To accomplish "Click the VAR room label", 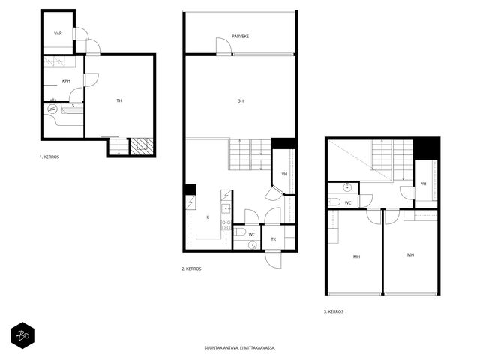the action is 58,33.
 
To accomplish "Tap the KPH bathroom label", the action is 66,81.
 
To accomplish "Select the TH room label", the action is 119,100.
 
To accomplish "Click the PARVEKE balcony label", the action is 240,37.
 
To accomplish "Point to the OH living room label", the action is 241,100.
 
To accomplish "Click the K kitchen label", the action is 208,217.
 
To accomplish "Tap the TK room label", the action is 274,239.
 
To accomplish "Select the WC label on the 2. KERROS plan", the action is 252,235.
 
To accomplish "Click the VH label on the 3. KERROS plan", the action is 423,184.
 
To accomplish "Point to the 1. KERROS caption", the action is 49,157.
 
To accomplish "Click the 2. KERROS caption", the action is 191,268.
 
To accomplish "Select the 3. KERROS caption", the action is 334,311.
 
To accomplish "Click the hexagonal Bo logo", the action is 22,335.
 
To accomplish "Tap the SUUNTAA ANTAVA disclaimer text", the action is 240,348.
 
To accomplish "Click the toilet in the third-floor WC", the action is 334,202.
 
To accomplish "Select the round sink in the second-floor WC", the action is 253,245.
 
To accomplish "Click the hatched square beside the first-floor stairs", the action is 142,147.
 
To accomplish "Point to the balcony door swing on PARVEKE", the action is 223,46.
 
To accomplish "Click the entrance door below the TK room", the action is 273,260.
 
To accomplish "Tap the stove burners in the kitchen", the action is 226,225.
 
